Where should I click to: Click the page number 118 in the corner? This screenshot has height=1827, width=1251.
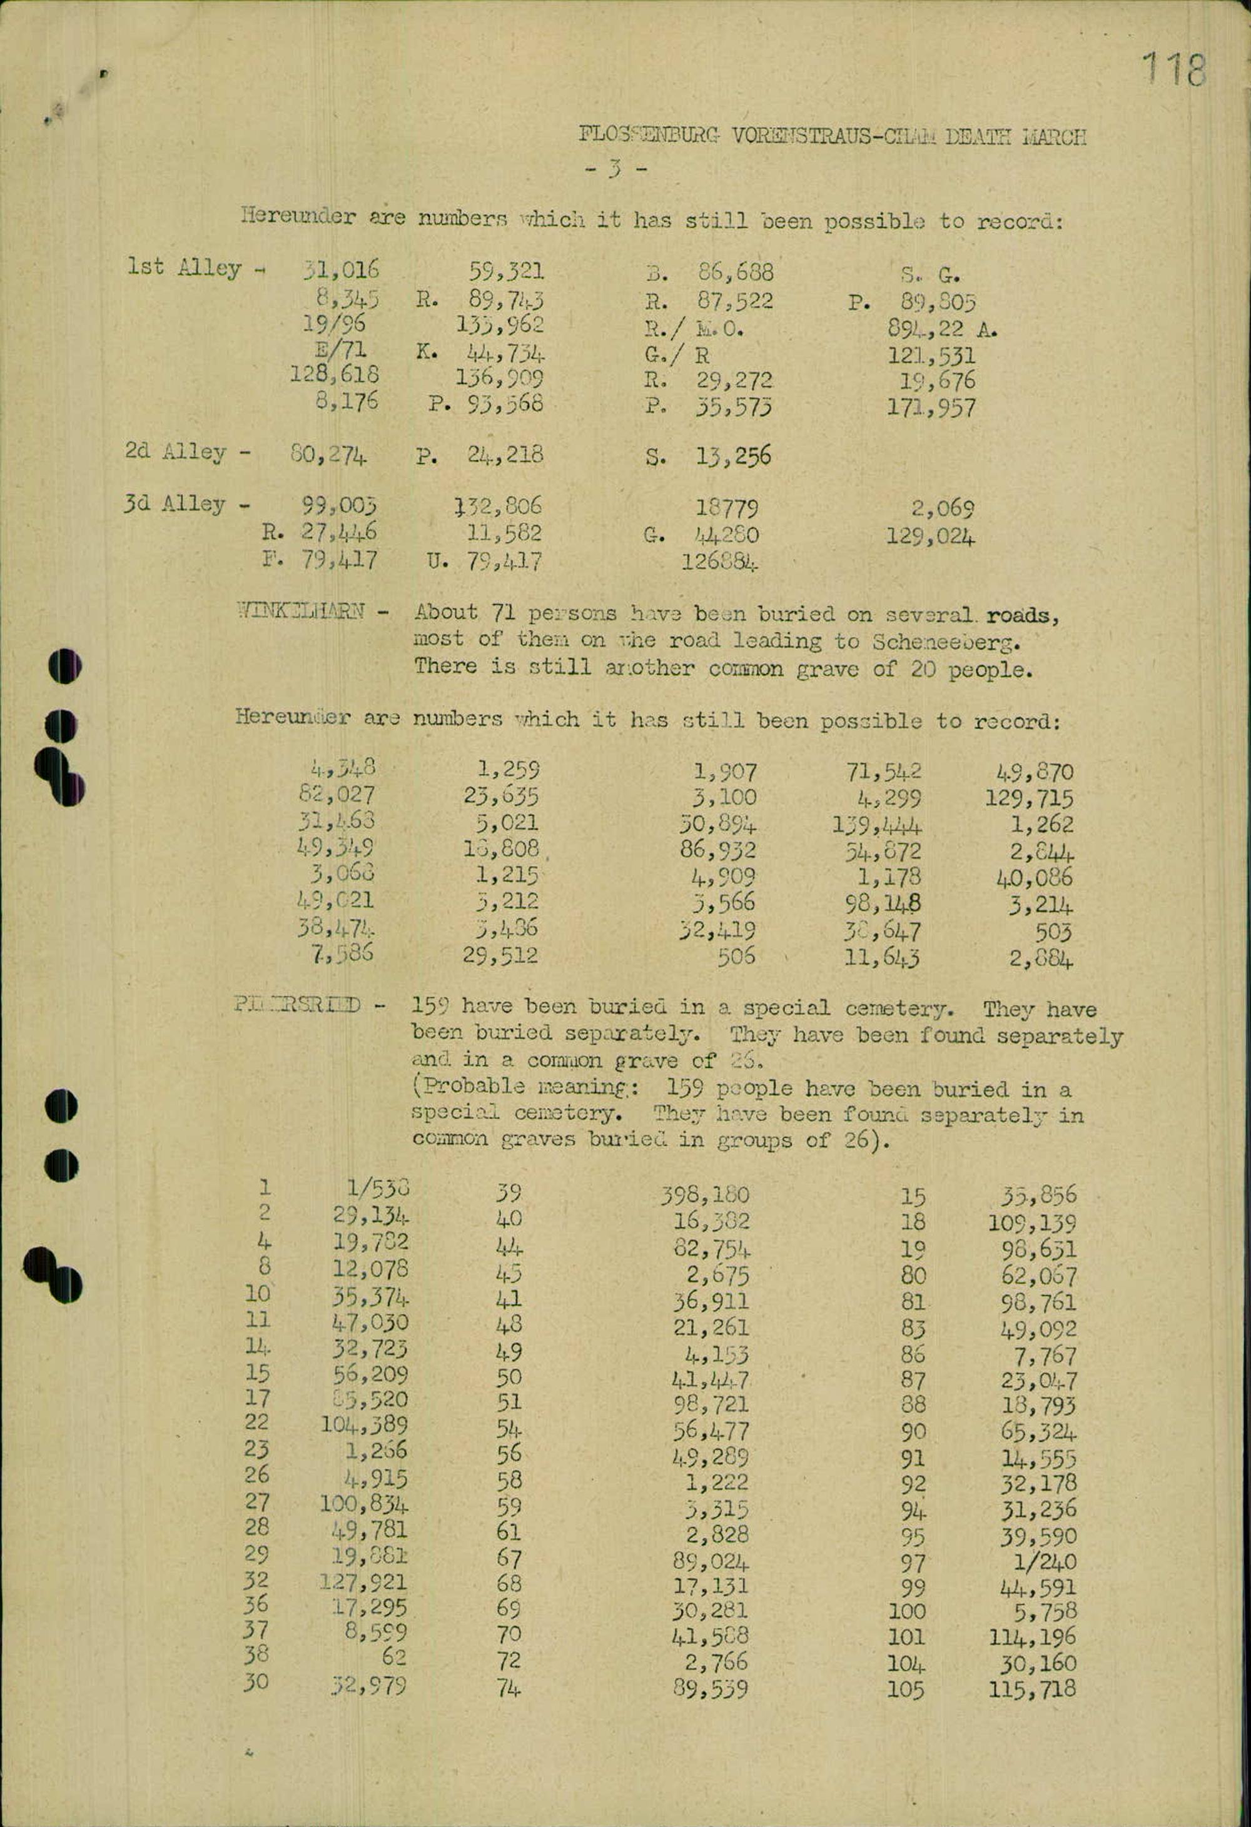(x=1173, y=69)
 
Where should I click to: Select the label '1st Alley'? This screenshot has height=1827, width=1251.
(x=184, y=268)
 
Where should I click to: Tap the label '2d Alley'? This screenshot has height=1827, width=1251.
(x=176, y=452)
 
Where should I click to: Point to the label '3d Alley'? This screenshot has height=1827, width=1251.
(x=175, y=505)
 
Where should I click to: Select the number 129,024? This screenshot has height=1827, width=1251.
(x=931, y=538)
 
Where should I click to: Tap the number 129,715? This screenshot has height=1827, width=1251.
(x=1030, y=798)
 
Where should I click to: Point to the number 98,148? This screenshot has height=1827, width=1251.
(x=881, y=904)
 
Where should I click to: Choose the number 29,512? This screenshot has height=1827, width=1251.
(x=501, y=956)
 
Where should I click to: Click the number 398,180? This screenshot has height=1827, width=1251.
(x=704, y=1195)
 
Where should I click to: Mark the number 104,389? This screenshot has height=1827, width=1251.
(x=364, y=1424)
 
